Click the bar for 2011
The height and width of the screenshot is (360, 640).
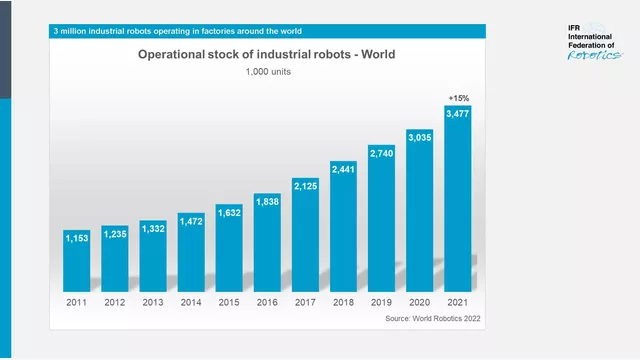77,261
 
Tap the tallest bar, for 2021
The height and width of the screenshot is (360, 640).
457,200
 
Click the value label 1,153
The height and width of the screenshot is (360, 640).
77,238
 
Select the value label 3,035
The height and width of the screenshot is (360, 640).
419,136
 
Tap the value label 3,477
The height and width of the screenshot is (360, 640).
457,114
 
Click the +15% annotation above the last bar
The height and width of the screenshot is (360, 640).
458,98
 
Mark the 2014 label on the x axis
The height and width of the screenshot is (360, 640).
191,301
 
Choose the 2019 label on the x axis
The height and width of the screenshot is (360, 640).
381,301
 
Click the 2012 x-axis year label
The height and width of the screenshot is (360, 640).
115,301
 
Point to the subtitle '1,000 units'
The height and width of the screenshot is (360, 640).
267,72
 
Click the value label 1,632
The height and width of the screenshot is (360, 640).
229,212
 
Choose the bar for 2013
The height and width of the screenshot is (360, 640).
153,256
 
